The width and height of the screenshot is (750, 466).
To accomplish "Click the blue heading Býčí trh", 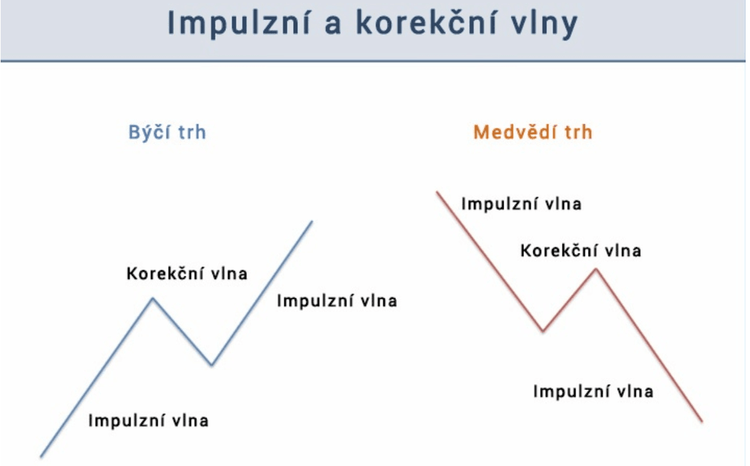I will tap(167, 133).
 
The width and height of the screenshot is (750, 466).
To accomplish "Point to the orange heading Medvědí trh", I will tap(532, 133).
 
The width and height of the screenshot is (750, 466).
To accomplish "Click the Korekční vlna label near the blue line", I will tap(187, 274).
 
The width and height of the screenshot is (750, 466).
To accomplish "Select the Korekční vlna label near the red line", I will tap(581, 251).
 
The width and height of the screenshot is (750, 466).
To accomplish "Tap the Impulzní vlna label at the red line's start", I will tap(521, 204).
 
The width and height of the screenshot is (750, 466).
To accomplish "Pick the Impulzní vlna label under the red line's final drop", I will tap(593, 391).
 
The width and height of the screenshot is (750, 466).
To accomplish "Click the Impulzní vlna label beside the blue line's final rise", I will tap(336, 300).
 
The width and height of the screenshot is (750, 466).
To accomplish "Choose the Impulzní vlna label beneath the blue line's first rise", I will tap(148, 421).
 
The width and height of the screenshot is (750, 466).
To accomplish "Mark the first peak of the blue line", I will tap(152, 298).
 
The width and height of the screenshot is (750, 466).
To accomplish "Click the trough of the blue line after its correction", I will tap(212, 364).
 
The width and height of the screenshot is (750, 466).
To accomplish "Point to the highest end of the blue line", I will tap(312, 221).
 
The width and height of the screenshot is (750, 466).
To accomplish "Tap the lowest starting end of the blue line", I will tap(41, 456).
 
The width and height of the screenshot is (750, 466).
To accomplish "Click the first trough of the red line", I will tap(543, 331).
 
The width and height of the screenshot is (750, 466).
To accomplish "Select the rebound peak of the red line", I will tap(596, 270).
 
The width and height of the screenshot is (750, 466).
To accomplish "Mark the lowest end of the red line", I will tap(702, 421).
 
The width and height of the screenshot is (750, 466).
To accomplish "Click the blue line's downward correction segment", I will tap(182, 331).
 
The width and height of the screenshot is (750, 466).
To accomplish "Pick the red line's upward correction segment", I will tap(570, 300).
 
